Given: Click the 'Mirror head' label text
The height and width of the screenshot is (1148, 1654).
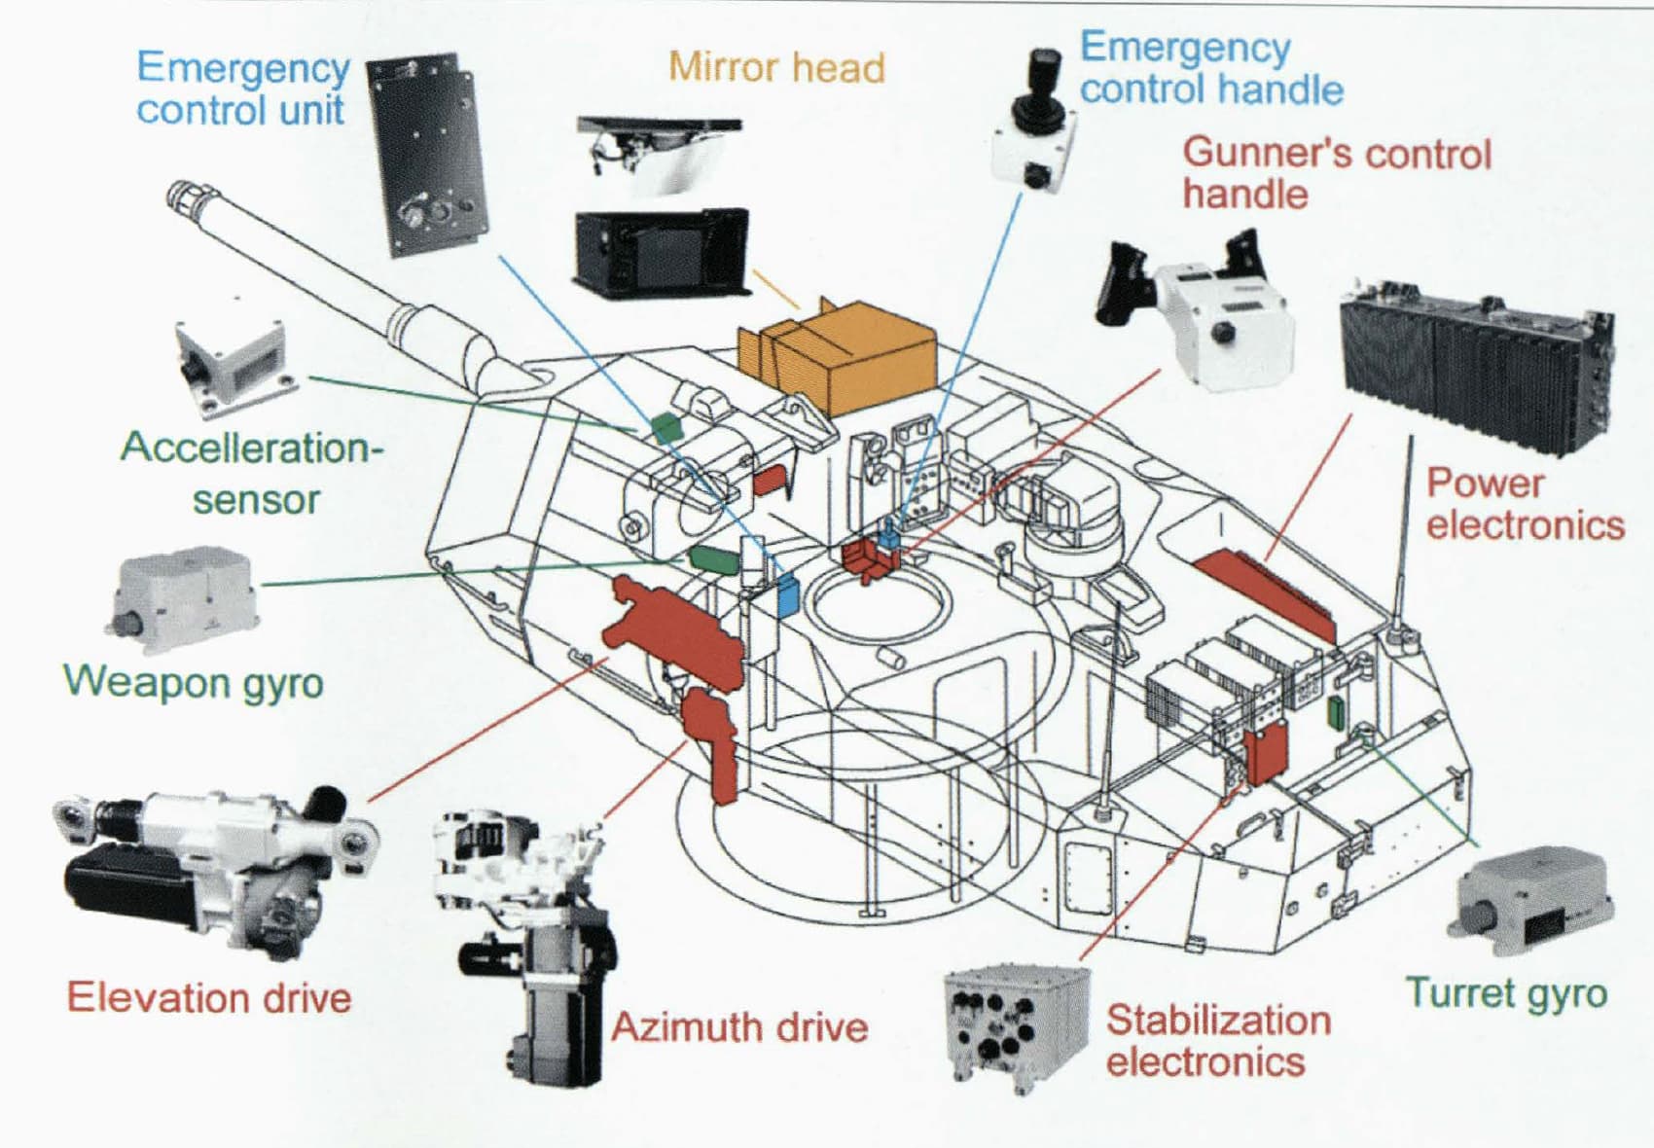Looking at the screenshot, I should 776,68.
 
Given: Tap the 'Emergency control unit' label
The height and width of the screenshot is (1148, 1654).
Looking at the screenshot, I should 242,89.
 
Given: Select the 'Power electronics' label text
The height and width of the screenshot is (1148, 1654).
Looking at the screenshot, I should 1525,504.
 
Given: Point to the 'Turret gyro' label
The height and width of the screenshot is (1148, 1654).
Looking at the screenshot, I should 1506,993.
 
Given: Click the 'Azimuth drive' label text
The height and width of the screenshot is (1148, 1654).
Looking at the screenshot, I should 739,1027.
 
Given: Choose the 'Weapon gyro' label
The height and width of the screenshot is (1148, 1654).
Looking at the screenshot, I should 193,681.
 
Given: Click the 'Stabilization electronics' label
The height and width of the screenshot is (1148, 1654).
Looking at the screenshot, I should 1218,1040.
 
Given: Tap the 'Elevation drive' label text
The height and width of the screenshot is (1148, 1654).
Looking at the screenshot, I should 208,998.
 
